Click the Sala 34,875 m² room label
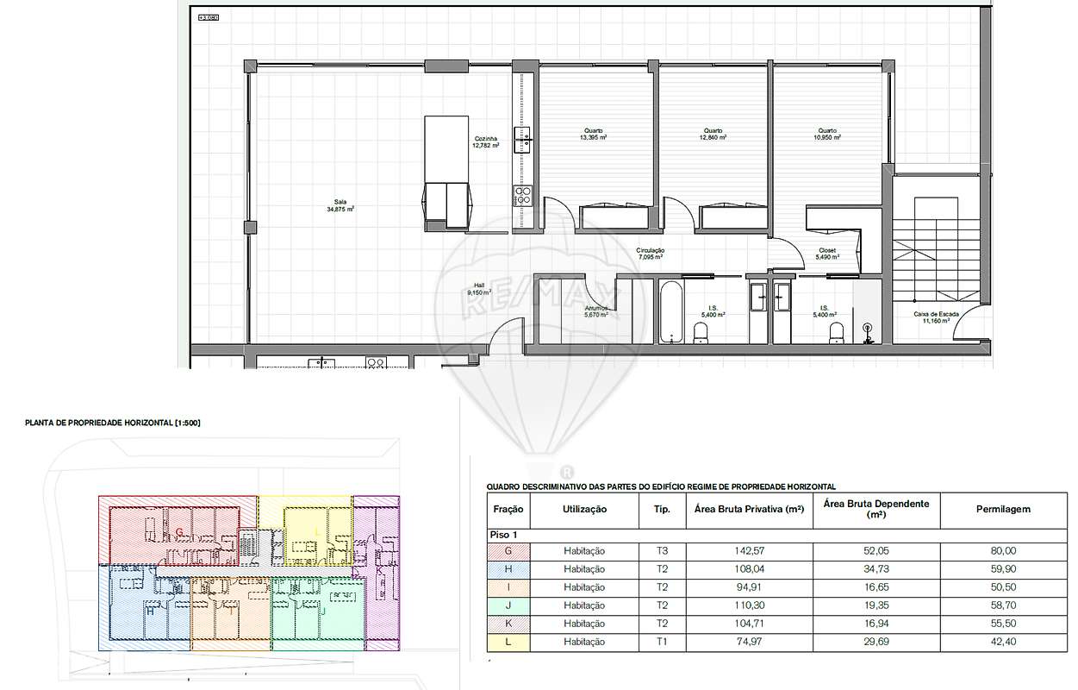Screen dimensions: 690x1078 pyautogui.click(x=340, y=205)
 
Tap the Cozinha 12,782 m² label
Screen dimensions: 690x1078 pyautogui.click(x=485, y=142)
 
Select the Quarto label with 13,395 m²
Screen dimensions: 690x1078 pyautogui.click(x=593, y=135)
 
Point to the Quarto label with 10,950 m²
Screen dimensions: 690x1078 pyautogui.click(x=829, y=135)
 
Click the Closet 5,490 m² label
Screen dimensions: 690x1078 pyautogui.click(x=826, y=254)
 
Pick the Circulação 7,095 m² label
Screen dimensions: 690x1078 pyautogui.click(x=651, y=254)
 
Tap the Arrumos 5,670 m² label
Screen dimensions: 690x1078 pyautogui.click(x=596, y=311)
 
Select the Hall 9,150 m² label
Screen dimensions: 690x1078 pyautogui.click(x=479, y=289)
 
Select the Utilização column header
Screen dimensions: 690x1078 pyautogui.click(x=584, y=510)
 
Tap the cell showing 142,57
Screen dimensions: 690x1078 pyautogui.click(x=748, y=551)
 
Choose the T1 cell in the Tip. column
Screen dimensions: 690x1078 pyautogui.click(x=661, y=642)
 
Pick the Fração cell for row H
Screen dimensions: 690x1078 pyautogui.click(x=508, y=569)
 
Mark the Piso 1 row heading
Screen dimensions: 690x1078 pyautogui.click(x=505, y=535)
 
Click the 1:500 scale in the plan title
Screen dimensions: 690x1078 pyautogui.click(x=187, y=423)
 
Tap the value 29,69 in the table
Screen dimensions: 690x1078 pyautogui.click(x=875, y=642)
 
